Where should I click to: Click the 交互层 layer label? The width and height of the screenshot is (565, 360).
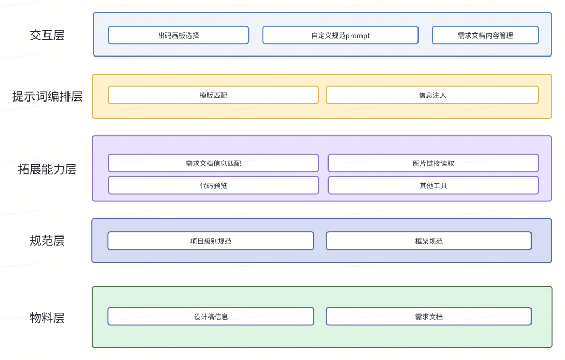click(x=47, y=36)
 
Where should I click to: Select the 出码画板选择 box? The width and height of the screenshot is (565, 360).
click(x=178, y=36)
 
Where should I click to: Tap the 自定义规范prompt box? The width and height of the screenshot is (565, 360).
click(x=340, y=36)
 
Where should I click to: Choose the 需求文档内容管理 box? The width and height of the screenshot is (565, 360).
click(x=485, y=36)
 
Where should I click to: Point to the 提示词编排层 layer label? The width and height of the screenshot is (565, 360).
click(x=47, y=96)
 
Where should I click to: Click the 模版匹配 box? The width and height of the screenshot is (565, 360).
click(x=213, y=95)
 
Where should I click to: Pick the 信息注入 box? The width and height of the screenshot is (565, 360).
click(x=432, y=95)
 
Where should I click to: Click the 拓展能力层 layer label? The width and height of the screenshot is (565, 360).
click(x=47, y=169)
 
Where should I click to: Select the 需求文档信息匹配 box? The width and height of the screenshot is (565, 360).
click(x=213, y=163)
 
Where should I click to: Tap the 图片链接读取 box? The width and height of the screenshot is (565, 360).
click(x=433, y=163)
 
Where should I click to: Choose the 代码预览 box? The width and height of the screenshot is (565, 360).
click(x=213, y=185)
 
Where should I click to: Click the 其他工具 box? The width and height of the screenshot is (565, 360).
click(x=433, y=185)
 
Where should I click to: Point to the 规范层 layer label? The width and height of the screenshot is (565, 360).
click(x=47, y=241)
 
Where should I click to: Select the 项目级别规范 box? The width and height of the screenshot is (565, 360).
click(x=211, y=241)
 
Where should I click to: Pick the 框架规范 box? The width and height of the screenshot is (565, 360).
click(x=428, y=241)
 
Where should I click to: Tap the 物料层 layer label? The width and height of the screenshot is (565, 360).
click(x=47, y=318)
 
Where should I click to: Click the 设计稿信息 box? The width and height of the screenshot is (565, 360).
click(x=211, y=317)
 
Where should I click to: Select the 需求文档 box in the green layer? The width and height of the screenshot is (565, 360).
click(x=428, y=317)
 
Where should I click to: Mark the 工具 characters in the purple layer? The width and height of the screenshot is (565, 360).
click(x=440, y=185)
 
